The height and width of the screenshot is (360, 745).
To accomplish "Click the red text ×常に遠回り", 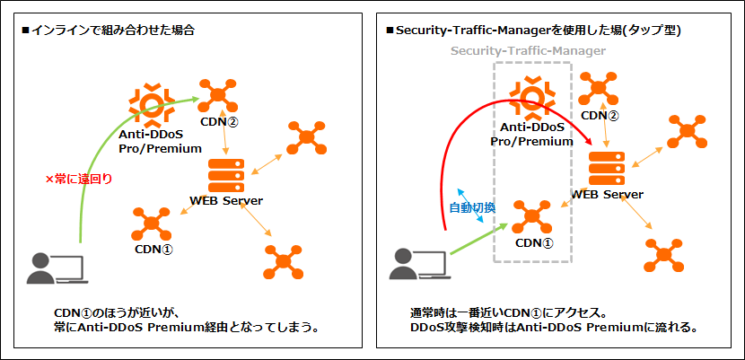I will tap(79, 178).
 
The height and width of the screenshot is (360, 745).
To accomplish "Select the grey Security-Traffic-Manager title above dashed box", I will tap(528, 51).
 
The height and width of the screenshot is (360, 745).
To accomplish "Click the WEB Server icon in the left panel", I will tap(226, 175).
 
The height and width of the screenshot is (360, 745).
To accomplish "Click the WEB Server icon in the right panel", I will tap(608, 168).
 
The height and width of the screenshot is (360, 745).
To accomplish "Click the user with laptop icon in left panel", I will tap(57, 268).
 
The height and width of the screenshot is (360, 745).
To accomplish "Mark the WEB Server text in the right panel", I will tap(608, 194).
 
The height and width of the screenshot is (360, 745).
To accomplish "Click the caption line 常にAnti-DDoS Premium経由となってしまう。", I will tap(186, 328).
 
